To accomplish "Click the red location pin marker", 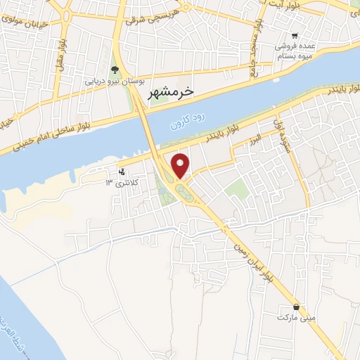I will [181, 165].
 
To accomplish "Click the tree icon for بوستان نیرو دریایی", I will [115, 69].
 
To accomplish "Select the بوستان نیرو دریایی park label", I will [108, 81].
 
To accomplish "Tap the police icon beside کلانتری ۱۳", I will [122, 172].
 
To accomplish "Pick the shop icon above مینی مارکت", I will [297, 307].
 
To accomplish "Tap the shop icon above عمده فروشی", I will [296, 34].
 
